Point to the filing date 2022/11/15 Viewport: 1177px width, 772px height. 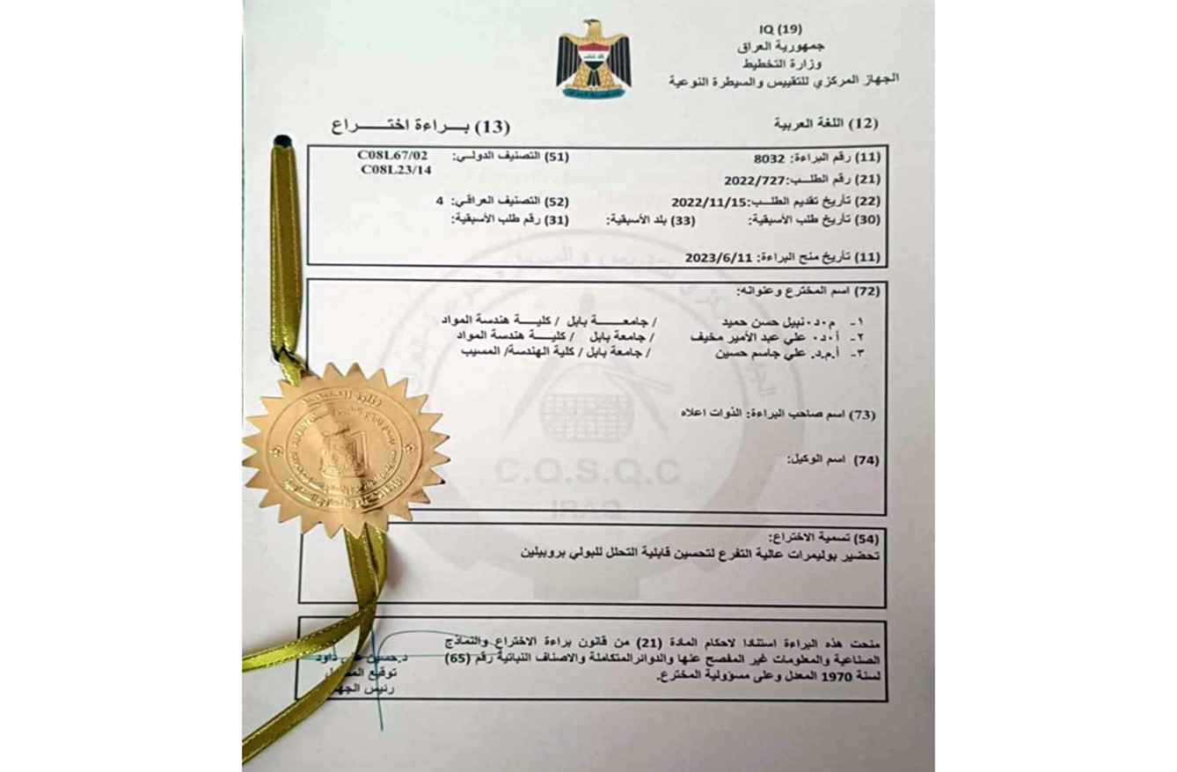tap(706, 201)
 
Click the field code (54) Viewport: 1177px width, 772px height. tap(866, 536)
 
